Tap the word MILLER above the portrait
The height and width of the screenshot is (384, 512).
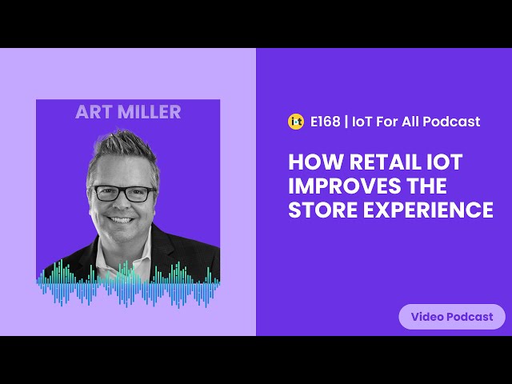click(x=150, y=112)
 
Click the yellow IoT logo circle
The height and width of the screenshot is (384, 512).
click(x=296, y=122)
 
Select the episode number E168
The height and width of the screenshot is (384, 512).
click(x=325, y=122)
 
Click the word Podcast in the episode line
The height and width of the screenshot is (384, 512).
click(x=451, y=122)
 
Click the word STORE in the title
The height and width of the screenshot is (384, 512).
click(x=323, y=210)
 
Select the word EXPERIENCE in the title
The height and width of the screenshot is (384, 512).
click(x=428, y=210)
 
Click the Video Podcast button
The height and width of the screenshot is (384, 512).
click(x=452, y=317)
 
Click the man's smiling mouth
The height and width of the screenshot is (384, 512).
click(x=121, y=220)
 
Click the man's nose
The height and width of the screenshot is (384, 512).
click(x=120, y=204)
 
